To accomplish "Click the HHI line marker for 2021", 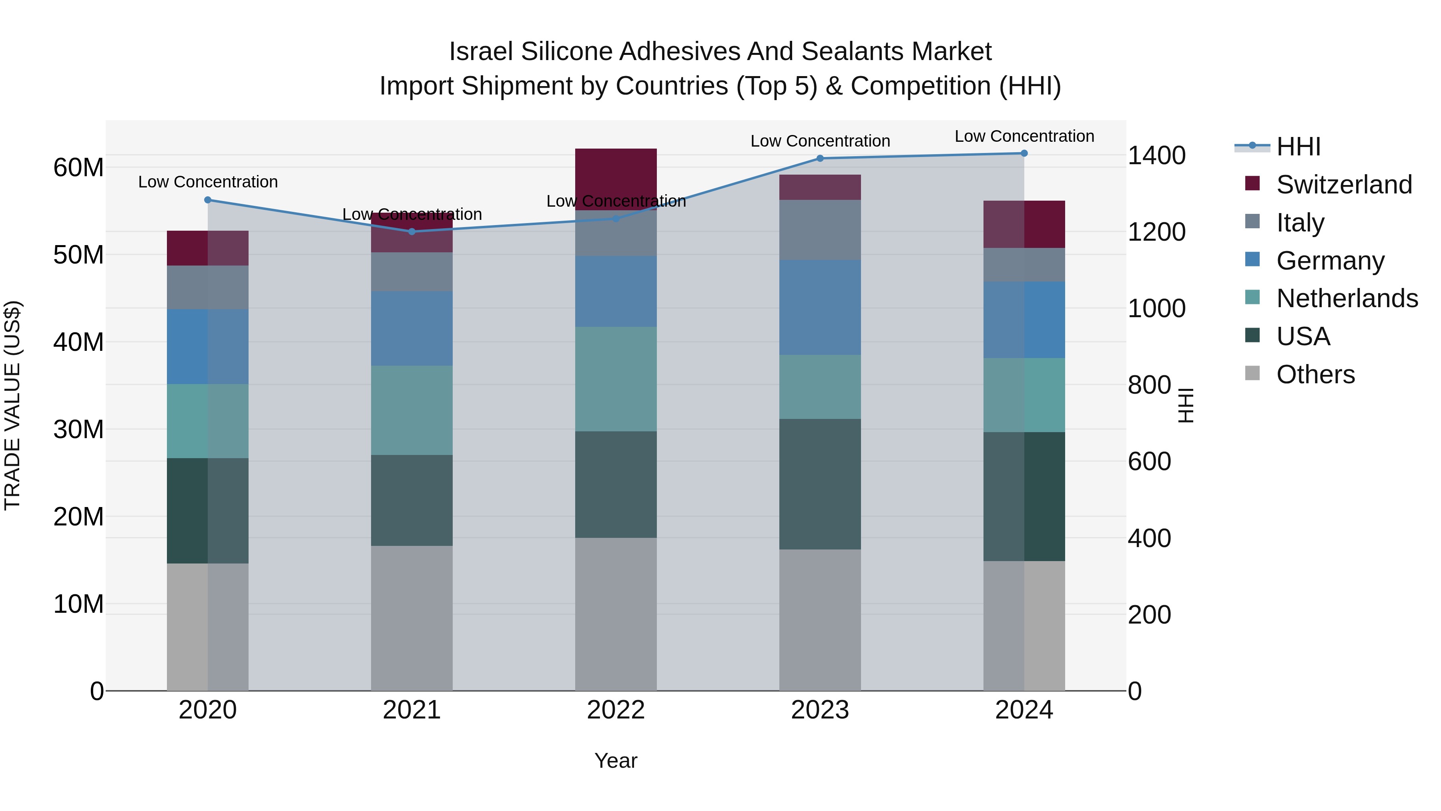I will [412, 231].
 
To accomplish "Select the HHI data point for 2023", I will [820, 158].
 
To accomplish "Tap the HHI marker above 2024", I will [1024, 153].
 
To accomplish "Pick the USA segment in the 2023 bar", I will [820, 484].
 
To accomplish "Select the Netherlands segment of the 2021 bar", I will [412, 410].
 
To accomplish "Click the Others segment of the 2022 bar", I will [616, 614].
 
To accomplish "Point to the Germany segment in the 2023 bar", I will [820, 307].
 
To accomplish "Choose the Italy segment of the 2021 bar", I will [412, 272].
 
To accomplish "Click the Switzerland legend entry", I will [1344, 185].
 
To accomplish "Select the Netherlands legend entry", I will [1347, 298].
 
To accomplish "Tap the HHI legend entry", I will [1298, 147].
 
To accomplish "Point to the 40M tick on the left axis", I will [78, 342].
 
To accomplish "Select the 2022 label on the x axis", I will [616, 710].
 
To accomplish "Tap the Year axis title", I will [616, 761].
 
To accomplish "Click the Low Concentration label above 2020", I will [208, 182].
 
